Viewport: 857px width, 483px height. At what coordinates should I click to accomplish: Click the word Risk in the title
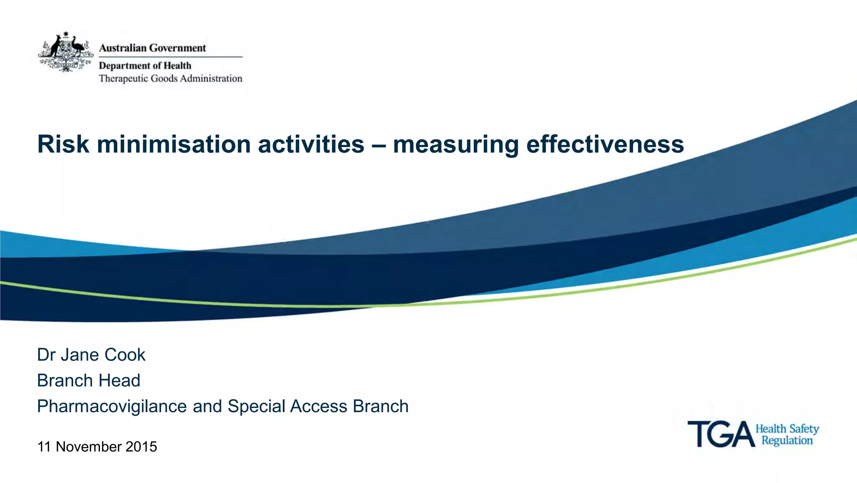click(x=63, y=145)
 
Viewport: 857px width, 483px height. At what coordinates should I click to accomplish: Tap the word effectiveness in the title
click(x=605, y=145)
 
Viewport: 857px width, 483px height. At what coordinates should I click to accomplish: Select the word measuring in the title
click(x=456, y=145)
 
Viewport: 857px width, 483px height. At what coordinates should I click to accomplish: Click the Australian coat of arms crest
click(x=66, y=52)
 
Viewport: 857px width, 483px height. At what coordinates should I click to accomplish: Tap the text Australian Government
click(x=152, y=48)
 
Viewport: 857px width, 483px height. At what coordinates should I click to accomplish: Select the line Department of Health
click(x=145, y=66)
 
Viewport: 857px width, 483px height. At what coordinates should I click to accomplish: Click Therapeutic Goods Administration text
click(x=170, y=79)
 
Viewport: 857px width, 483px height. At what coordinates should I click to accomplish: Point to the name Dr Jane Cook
click(x=91, y=355)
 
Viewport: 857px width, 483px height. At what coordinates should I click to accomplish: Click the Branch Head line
click(x=88, y=381)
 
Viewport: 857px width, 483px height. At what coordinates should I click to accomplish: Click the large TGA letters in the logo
click(x=721, y=434)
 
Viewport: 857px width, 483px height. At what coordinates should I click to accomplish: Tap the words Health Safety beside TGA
click(x=787, y=429)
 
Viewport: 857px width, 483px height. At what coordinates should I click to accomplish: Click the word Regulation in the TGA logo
click(x=787, y=441)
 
